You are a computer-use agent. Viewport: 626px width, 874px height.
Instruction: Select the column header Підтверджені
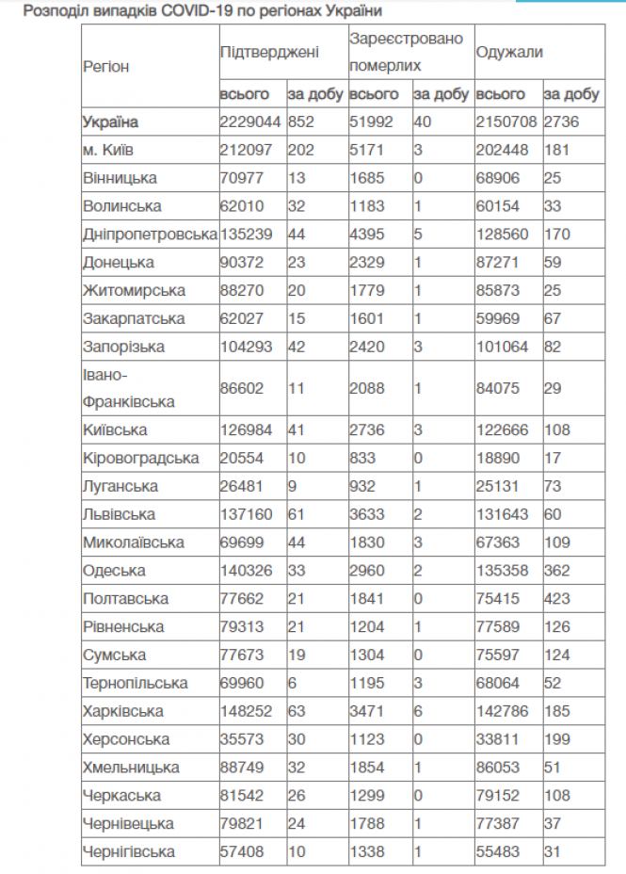tap(269, 53)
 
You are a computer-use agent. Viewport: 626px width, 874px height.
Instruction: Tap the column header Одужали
tap(509, 53)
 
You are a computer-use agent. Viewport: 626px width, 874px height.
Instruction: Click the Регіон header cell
tap(106, 67)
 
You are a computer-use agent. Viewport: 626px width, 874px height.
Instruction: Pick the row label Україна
tap(110, 122)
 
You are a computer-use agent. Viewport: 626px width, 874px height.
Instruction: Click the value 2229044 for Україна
tap(249, 122)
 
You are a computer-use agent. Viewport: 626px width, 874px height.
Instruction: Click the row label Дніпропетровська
tap(150, 235)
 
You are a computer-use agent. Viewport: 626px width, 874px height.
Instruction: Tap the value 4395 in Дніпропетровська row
tap(366, 235)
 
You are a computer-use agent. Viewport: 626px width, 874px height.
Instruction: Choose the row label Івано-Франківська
tap(129, 388)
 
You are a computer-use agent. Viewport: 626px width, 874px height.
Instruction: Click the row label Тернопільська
tap(135, 683)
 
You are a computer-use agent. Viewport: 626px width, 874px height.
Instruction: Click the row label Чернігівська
tap(129, 851)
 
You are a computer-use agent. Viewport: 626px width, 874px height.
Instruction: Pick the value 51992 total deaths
tap(370, 122)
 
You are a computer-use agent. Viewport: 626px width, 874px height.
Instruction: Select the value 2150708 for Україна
tap(506, 122)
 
